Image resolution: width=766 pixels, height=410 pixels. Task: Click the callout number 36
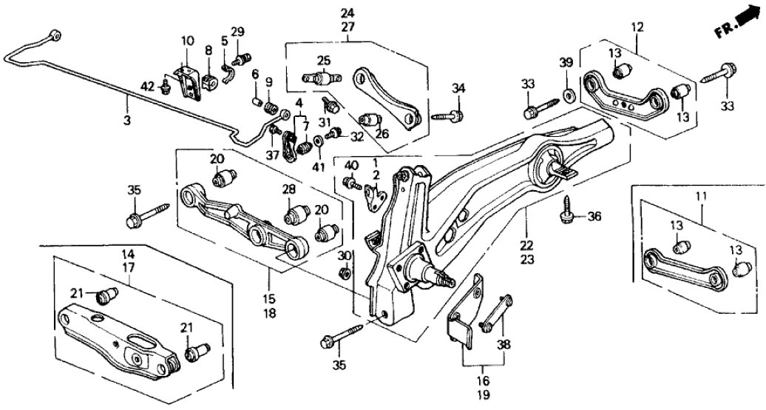[594, 217]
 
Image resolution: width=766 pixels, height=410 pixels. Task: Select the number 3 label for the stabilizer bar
[126, 119]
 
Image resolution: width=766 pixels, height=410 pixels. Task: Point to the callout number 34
[459, 90]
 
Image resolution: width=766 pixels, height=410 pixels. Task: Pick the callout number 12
[637, 27]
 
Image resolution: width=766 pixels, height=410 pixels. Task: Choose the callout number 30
[345, 256]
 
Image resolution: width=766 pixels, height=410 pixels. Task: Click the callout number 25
[323, 60]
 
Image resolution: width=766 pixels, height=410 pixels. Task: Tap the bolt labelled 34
[447, 115]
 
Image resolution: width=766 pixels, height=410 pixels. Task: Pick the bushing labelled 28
[297, 215]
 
